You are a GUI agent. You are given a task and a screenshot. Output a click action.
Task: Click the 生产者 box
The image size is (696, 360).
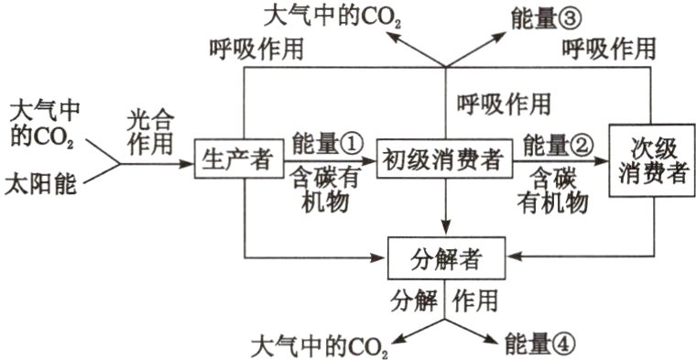click(x=236, y=161)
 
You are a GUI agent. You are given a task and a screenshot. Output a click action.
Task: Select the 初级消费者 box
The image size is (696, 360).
click(x=443, y=161)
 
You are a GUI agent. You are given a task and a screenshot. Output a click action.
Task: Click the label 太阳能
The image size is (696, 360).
click(x=42, y=183)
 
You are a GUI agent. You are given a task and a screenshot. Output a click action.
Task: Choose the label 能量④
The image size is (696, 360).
click(x=542, y=343)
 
